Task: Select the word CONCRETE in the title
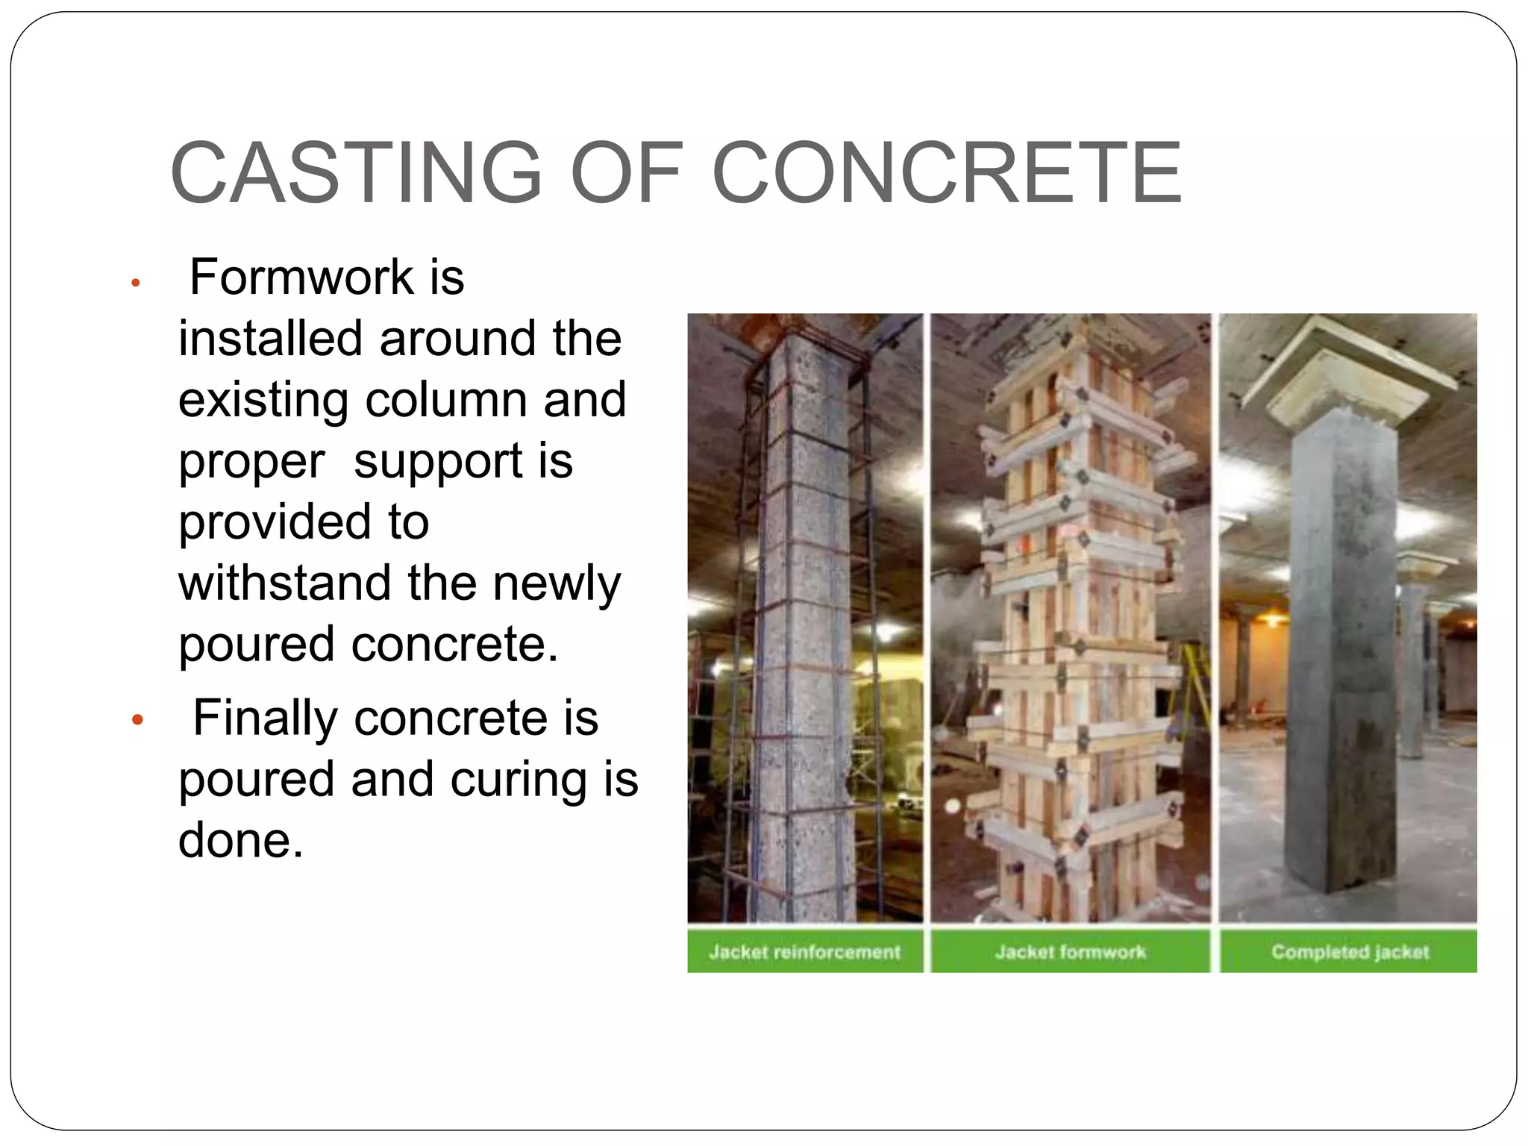coord(948,173)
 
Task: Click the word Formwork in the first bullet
coord(301,278)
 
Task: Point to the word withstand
coord(285,583)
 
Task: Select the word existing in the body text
coord(263,401)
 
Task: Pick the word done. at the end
coord(240,841)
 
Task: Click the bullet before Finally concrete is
coord(137,720)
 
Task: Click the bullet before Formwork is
coord(136,283)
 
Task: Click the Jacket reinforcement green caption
coord(804,952)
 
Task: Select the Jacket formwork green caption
coord(1070,952)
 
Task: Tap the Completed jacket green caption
coord(1349,952)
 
